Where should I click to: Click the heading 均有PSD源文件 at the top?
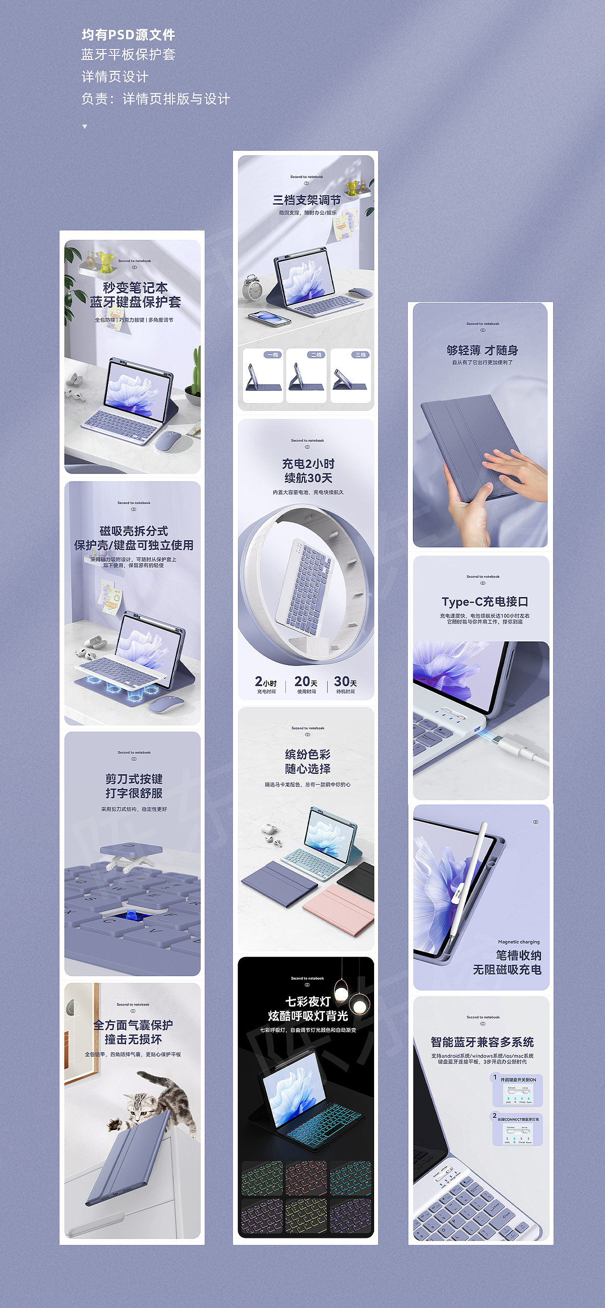[128, 34]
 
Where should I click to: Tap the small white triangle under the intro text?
[84, 127]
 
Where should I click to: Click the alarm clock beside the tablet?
[252, 288]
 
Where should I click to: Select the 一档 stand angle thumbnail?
[263, 375]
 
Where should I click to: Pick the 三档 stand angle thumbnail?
[351, 375]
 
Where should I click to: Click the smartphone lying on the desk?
[269, 318]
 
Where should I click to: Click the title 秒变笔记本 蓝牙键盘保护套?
[135, 295]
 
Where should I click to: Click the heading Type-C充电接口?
[485, 602]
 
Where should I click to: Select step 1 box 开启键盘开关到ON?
[517, 1091]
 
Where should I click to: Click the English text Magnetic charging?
[519, 942]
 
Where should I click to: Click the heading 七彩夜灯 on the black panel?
[308, 1001]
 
